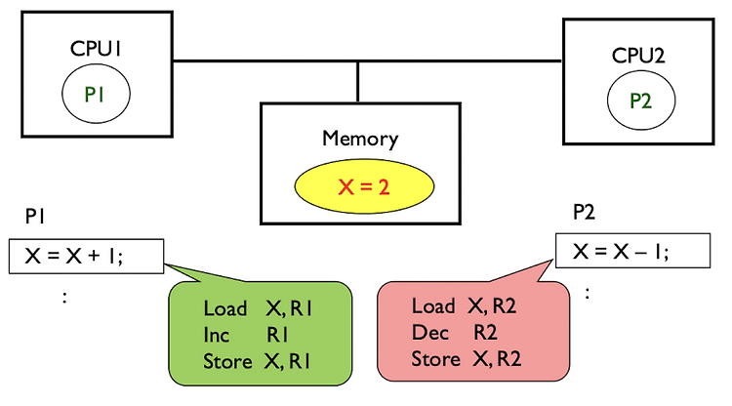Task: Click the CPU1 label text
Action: pos(93,48)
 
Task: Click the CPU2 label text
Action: pos(639,56)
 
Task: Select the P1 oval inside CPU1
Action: pos(94,94)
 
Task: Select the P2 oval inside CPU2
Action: pos(640,100)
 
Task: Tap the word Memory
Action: pos(360,138)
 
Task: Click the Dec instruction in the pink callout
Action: pos(429,332)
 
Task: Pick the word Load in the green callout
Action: pos(225,308)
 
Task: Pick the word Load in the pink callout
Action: pos(433,305)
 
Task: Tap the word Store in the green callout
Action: pos(227,361)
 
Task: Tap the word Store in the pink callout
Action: pos(435,358)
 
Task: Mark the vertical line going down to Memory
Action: pos(358,80)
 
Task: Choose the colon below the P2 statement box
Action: pos(587,292)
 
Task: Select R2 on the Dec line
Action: pos(486,332)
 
